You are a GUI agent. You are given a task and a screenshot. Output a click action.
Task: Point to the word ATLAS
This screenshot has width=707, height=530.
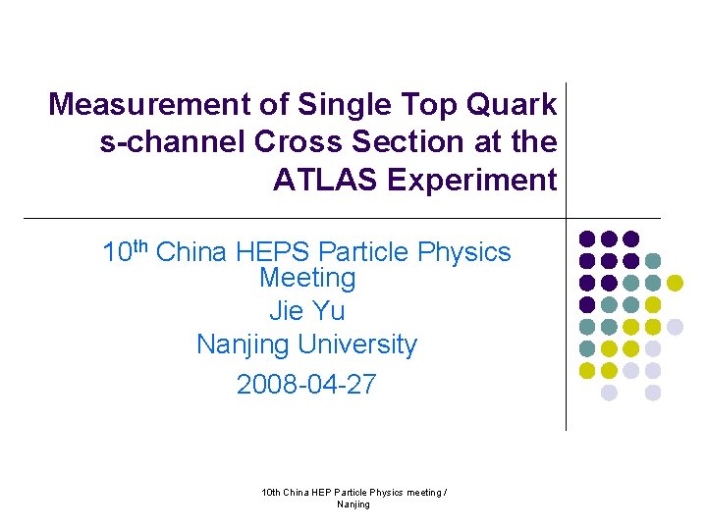click(x=326, y=181)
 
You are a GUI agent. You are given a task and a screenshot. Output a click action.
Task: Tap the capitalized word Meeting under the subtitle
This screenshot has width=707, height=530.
click(x=307, y=278)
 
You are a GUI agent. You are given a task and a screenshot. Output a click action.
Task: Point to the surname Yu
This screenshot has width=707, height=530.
click(x=330, y=311)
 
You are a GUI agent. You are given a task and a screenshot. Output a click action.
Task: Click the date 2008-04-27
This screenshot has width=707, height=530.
click(x=306, y=384)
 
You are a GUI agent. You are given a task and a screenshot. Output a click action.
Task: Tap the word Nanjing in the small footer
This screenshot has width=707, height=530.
click(x=353, y=504)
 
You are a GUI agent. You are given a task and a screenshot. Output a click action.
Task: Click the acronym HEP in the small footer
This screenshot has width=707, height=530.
click(x=320, y=492)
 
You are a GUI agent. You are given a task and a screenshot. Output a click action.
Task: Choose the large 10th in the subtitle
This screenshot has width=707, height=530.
click(x=125, y=252)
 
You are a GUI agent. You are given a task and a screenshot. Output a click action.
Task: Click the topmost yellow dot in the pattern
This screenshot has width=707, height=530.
click(x=675, y=283)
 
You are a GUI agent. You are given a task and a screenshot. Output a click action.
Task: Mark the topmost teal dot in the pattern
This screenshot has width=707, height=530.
click(x=653, y=261)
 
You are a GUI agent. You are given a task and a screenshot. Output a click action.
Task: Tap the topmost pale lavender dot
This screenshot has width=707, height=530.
click(x=675, y=327)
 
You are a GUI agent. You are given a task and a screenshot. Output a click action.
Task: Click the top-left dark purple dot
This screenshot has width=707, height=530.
click(x=587, y=238)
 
